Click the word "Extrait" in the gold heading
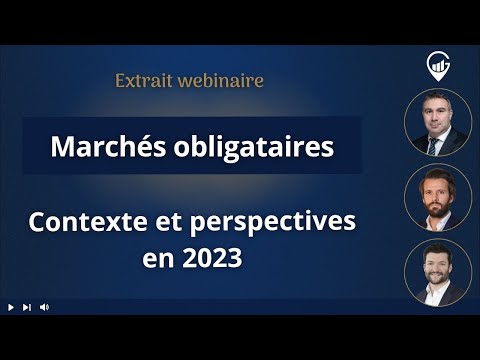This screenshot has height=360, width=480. pos(147,80)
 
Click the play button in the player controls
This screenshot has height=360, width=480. pos(10,307)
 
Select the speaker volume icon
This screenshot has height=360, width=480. pos(44,307)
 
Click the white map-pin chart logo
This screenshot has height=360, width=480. pos(437,65)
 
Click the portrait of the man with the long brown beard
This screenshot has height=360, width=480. pos(437,197)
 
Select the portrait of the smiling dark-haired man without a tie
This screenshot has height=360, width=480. pos(437,271)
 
